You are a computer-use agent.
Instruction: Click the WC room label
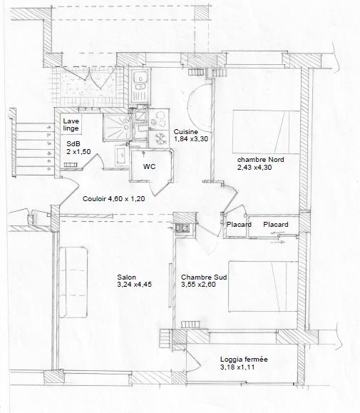click(149, 167)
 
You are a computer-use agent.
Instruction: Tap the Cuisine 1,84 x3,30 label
click(191, 135)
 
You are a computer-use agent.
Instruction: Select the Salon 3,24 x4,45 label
click(134, 281)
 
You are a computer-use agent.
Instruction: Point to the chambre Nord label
click(260, 160)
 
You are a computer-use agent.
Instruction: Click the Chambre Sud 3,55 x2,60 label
click(204, 281)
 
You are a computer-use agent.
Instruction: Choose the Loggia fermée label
click(244, 360)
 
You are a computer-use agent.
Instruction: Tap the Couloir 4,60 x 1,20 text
click(113, 198)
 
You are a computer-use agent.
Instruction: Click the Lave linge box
click(71, 124)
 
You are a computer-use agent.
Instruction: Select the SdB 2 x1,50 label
click(78, 148)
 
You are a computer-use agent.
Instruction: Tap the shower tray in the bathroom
click(116, 127)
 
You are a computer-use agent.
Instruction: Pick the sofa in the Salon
click(73, 282)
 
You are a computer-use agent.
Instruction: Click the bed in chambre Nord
click(266, 132)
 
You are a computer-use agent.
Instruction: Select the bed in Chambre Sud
click(263, 287)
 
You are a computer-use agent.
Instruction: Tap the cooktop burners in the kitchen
click(158, 119)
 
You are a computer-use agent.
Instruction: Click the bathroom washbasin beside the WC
click(121, 155)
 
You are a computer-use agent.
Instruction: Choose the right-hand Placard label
click(276, 225)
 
